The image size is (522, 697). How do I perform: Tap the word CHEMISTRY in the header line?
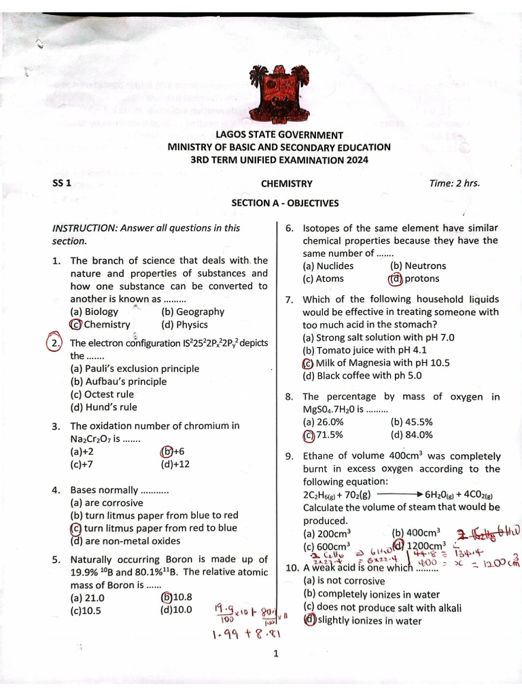pyautogui.click(x=287, y=184)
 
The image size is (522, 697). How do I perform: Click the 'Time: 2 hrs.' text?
pyautogui.click(x=455, y=183)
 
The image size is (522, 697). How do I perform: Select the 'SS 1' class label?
pyautogui.click(x=62, y=184)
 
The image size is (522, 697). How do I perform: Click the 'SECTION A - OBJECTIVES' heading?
pyautogui.click(x=285, y=203)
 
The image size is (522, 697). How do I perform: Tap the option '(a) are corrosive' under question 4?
pyautogui.click(x=106, y=503)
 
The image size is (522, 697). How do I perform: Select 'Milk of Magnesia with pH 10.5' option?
pyautogui.click(x=376, y=363)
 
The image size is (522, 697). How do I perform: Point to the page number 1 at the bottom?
pyautogui.click(x=276, y=655)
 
